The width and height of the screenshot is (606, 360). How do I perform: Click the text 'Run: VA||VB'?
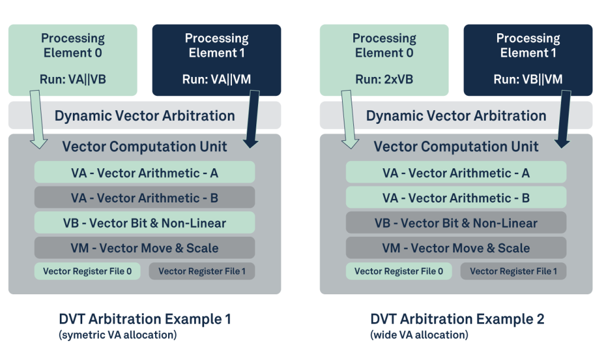click(x=73, y=79)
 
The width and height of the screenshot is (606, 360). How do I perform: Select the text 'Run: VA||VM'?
click(x=217, y=79)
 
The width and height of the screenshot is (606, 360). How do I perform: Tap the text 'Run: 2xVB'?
click(x=384, y=79)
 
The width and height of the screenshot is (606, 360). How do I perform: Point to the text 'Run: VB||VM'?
click(x=528, y=79)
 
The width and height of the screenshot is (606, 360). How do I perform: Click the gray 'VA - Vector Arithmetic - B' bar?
click(x=144, y=198)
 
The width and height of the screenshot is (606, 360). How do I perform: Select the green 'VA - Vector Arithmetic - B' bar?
click(x=456, y=198)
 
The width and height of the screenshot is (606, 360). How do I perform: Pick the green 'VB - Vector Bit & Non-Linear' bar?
click(x=144, y=223)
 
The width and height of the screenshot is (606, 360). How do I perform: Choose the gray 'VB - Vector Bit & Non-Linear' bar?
click(x=456, y=223)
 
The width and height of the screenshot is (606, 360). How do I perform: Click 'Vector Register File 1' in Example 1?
click(x=202, y=271)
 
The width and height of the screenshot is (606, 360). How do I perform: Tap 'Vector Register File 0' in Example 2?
click(x=398, y=271)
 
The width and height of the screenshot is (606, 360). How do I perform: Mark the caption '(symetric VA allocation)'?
click(x=118, y=336)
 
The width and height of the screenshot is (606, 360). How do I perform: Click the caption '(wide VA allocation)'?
click(x=419, y=336)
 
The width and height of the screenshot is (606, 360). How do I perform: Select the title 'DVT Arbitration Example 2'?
click(x=457, y=320)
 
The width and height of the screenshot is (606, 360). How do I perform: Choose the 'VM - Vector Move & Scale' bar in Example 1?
click(x=144, y=248)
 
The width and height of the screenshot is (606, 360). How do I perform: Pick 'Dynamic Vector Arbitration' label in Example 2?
click(x=456, y=115)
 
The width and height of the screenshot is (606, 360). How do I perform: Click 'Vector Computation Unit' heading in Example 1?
click(x=144, y=146)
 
